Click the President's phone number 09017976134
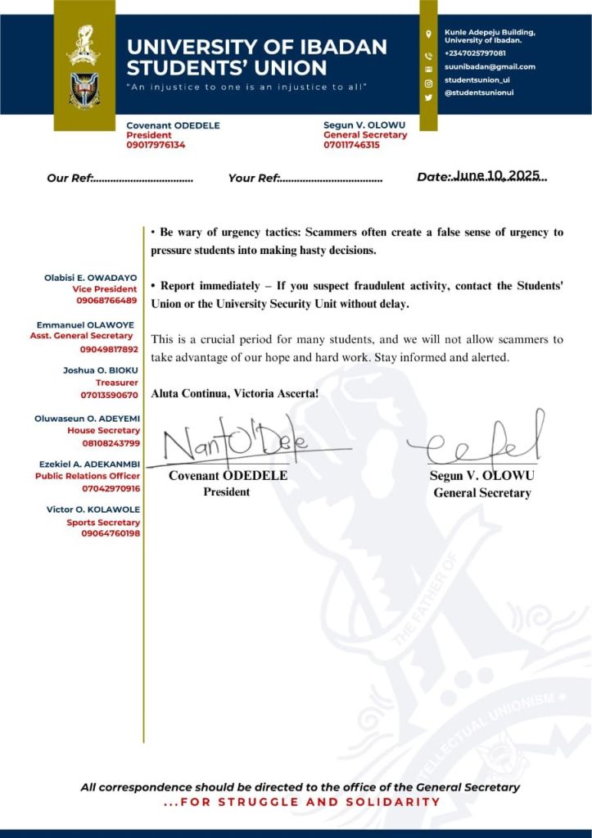pyautogui.click(x=156, y=145)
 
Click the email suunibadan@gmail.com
pyautogui.click(x=490, y=66)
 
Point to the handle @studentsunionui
pyautogui.click(x=478, y=96)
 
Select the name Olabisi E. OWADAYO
pyautogui.click(x=91, y=279)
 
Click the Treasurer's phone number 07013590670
pyautogui.click(x=110, y=396)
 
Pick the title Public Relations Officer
pyautogui.click(x=88, y=476)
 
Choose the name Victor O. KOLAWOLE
pyautogui.click(x=93, y=510)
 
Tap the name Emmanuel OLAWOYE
pyautogui.click(x=86, y=325)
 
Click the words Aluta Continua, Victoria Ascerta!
pyautogui.click(x=235, y=393)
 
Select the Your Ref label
pyautogui.click(x=254, y=178)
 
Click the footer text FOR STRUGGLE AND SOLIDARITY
pyautogui.click(x=302, y=802)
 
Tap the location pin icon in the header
pyautogui.click(x=428, y=34)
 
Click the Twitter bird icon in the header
pyautogui.click(x=428, y=97)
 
